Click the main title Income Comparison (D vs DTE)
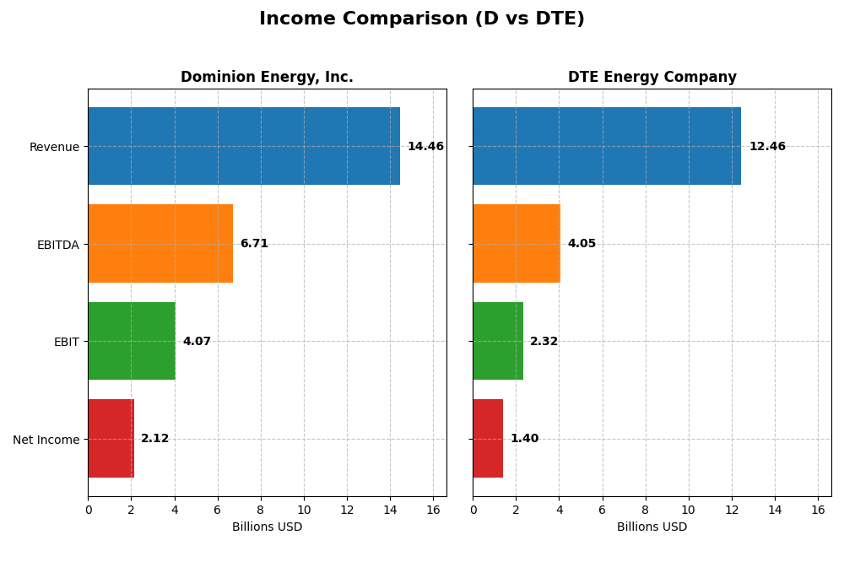[x=421, y=19]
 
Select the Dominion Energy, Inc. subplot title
[x=267, y=78]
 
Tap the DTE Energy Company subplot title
[x=652, y=78]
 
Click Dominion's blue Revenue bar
[x=244, y=146]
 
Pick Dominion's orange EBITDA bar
[x=160, y=244]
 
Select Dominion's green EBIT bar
[x=132, y=341]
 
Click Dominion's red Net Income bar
[x=111, y=439]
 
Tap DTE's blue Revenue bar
[x=607, y=146]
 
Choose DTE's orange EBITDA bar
[x=517, y=244]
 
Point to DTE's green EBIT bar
[x=498, y=341]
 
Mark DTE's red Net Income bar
[x=488, y=439]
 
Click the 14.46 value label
[x=425, y=147]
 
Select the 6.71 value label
[x=254, y=244]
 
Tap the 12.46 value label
[x=767, y=147]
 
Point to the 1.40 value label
[x=524, y=439]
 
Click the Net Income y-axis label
[x=46, y=440]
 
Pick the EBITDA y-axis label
[x=57, y=245]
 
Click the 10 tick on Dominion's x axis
[x=304, y=510]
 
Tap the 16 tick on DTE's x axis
[x=818, y=510]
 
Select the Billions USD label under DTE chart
[x=652, y=527]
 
